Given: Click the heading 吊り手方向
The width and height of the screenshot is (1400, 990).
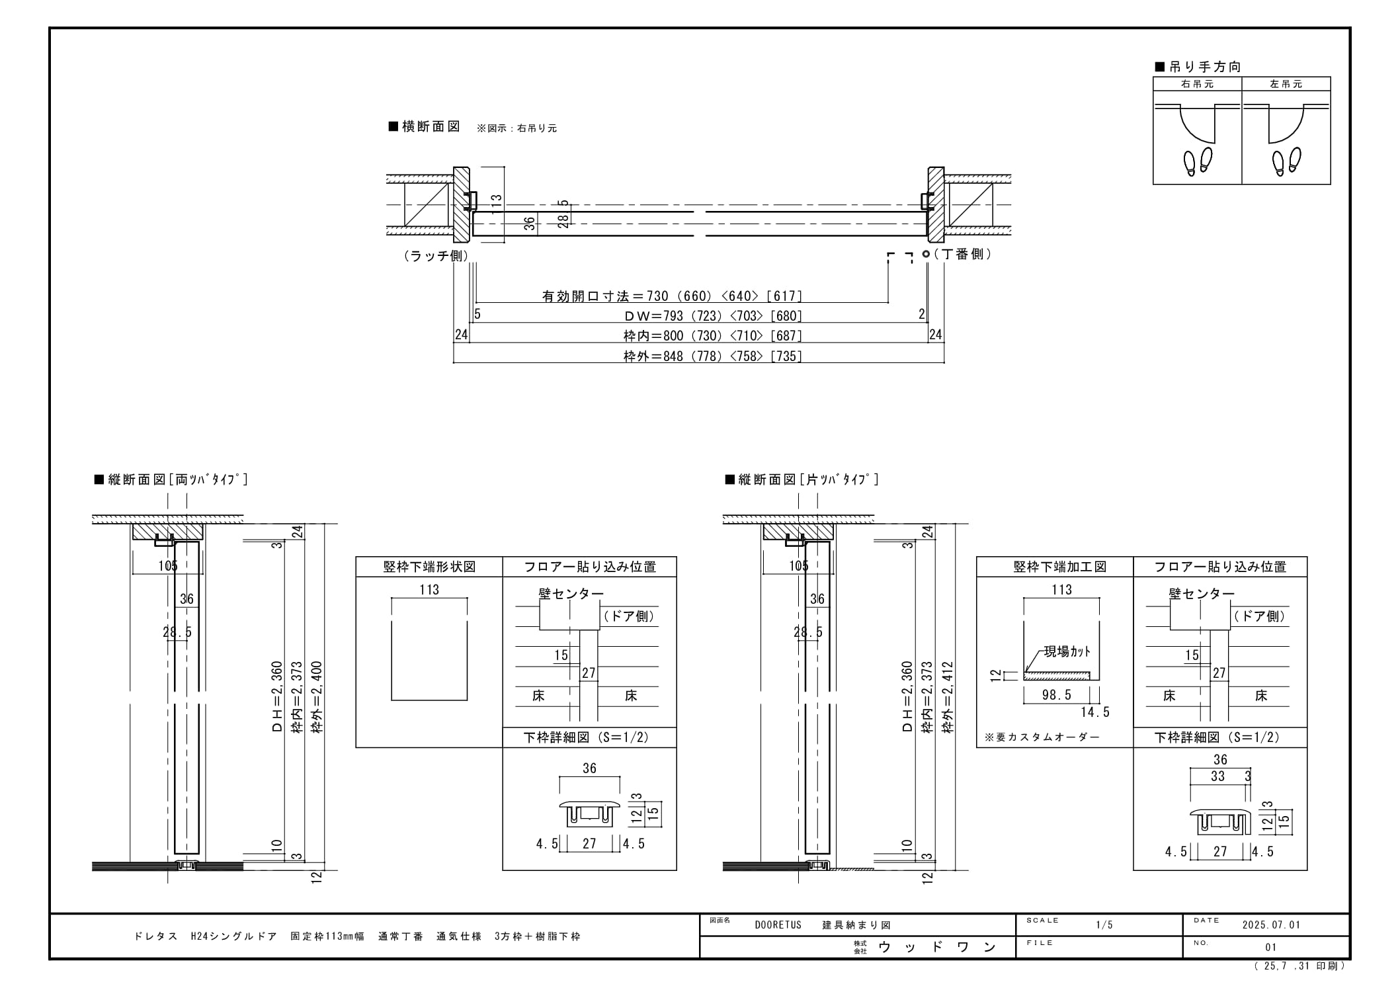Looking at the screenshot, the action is click(x=1198, y=67).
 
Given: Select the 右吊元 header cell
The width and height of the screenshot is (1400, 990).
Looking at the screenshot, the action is click(x=1198, y=84).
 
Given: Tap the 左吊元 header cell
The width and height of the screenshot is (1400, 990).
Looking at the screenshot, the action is click(x=1286, y=84).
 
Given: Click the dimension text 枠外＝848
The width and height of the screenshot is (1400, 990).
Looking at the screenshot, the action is click(x=653, y=356).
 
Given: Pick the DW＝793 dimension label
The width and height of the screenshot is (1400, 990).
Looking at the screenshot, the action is click(x=653, y=316).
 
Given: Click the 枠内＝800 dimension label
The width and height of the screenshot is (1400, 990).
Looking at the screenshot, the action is click(x=653, y=336).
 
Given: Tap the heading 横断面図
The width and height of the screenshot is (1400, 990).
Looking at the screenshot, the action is click(x=425, y=127).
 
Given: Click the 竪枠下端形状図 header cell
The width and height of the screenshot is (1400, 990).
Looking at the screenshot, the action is click(x=429, y=567).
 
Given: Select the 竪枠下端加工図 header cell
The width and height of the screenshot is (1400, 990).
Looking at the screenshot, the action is click(x=1055, y=567).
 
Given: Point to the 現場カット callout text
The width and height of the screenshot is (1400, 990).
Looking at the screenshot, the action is click(x=1067, y=652).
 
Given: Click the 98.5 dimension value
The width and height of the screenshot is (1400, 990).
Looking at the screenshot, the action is click(x=1056, y=695).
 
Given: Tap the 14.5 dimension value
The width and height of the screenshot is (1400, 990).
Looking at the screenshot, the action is click(x=1095, y=712).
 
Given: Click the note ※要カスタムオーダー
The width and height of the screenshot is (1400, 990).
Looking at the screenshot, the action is click(x=1042, y=737).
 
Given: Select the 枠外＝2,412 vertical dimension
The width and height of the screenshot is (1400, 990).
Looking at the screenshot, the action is click(x=948, y=697).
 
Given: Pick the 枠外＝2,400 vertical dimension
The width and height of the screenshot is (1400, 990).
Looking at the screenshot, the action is click(x=317, y=697).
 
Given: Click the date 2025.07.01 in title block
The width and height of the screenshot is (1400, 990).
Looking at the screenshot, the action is click(x=1271, y=925).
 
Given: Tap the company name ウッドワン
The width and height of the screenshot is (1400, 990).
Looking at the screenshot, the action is click(x=937, y=947).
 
